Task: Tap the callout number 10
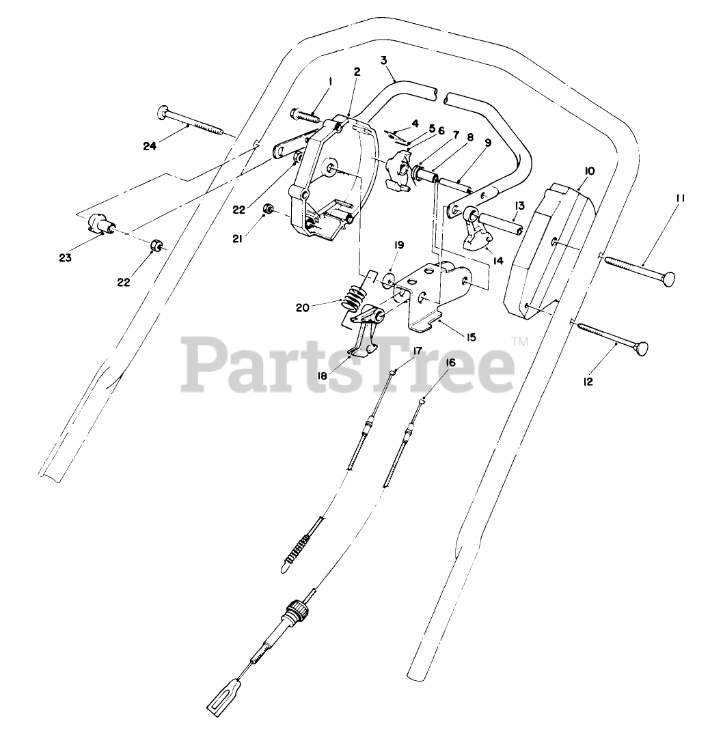click(x=590, y=170)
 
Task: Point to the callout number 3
click(x=384, y=60)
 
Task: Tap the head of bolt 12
click(x=642, y=351)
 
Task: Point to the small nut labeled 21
click(x=270, y=208)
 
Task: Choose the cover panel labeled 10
click(x=547, y=246)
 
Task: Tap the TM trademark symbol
click(x=520, y=341)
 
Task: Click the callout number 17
click(x=417, y=350)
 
